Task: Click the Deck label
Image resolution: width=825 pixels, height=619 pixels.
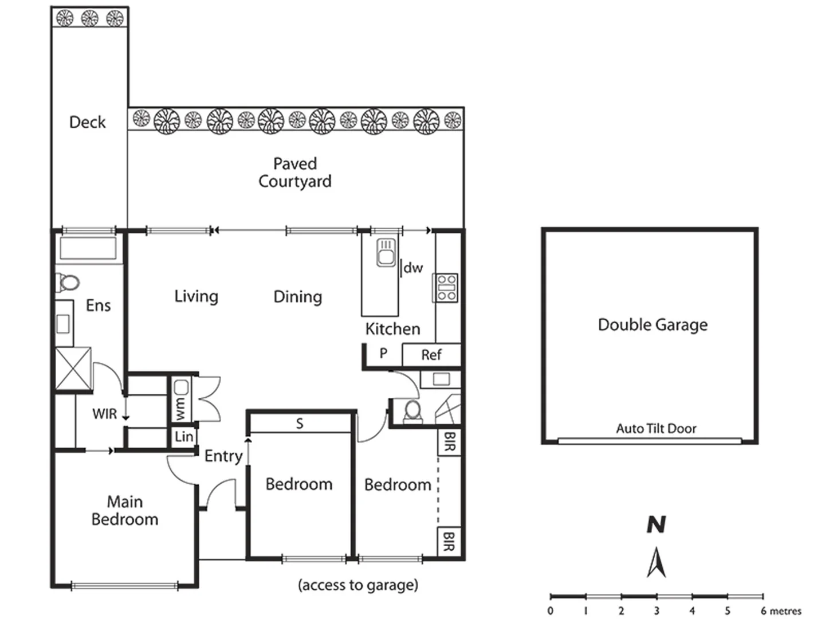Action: coord(87,122)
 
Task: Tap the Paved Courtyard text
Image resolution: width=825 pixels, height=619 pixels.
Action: coord(294,173)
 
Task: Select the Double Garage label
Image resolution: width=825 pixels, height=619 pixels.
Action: coord(653,325)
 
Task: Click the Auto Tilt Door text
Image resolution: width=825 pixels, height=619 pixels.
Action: coord(656,429)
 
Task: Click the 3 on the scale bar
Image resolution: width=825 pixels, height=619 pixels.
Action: coord(657,611)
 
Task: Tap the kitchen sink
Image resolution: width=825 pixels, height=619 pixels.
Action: coord(386,253)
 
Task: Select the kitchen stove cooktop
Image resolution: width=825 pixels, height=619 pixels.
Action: coord(446,288)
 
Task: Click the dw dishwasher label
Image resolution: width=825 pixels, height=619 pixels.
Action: coord(413,268)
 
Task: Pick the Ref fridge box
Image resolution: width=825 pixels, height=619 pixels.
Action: coord(431,355)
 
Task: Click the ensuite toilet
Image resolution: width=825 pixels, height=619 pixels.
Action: coord(68,283)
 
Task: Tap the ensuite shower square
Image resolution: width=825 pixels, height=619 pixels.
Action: coord(73,369)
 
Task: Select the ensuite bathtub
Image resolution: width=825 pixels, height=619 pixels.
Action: coord(88,249)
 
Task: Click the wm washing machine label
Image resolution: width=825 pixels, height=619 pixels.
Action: coord(181,408)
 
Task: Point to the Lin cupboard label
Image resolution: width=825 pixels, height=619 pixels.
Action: coord(184,437)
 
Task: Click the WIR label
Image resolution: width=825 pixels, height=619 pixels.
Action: coord(104,414)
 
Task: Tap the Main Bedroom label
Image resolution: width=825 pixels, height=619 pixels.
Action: coord(124,510)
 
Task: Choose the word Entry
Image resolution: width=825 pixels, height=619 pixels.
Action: coord(223,456)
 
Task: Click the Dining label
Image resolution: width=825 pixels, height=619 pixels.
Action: coord(297,297)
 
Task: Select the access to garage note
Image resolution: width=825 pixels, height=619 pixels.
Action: coord(358,585)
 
